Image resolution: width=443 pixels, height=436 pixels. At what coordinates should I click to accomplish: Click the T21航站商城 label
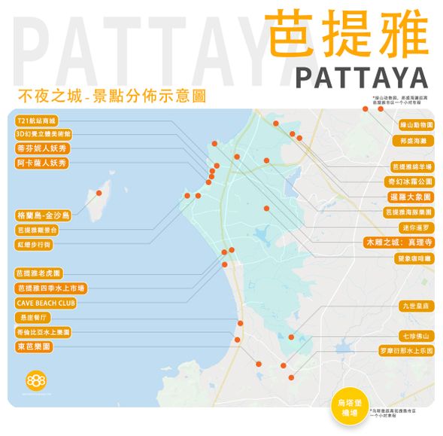tap(38, 120)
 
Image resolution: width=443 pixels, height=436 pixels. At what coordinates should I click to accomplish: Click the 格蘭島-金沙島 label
tap(44, 215)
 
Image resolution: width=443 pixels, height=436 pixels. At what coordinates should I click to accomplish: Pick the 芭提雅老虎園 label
tap(40, 273)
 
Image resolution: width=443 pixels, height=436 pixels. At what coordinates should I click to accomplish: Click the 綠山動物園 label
tap(414, 124)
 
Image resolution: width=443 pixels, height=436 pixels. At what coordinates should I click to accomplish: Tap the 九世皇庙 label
tap(414, 306)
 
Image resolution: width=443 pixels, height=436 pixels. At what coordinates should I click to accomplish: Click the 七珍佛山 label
tap(415, 336)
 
